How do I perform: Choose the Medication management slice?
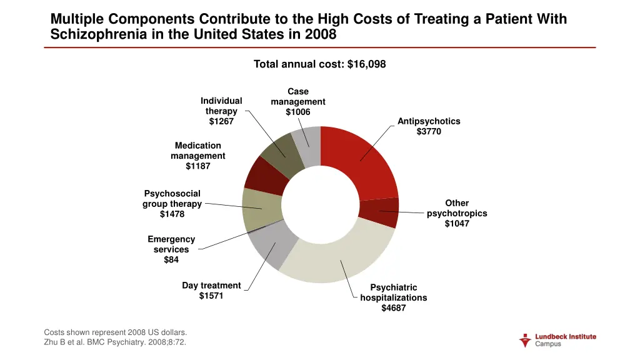point(266,175)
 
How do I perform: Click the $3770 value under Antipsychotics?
point(429,131)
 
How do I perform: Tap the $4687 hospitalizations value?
point(394,307)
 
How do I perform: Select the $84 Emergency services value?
point(171,260)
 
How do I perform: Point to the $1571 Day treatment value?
point(211,296)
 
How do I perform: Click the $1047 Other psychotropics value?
point(457,224)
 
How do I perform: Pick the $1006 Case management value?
point(298,112)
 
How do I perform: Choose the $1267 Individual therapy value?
point(221,121)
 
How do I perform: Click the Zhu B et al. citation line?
point(115,342)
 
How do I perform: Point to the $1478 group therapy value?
point(172,214)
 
